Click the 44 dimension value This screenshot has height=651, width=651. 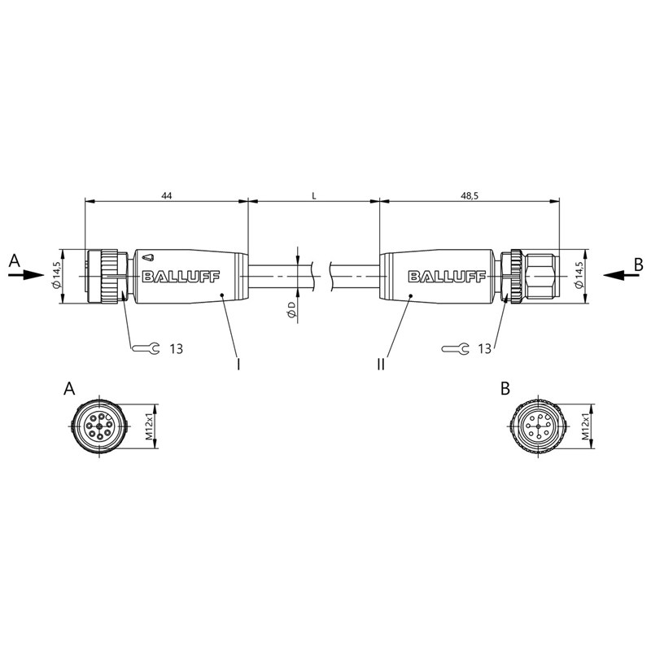(x=166, y=195)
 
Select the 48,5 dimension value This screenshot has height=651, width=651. (x=470, y=195)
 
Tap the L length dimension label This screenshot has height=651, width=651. (x=314, y=195)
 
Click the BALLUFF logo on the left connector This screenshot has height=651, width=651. (x=181, y=277)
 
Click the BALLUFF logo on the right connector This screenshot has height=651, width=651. (x=447, y=277)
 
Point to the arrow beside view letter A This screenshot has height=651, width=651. (x=26, y=274)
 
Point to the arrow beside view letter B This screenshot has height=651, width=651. (x=621, y=274)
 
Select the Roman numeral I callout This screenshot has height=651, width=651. (x=238, y=364)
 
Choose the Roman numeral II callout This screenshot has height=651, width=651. (x=381, y=364)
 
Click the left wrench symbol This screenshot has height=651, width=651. (x=146, y=349)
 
